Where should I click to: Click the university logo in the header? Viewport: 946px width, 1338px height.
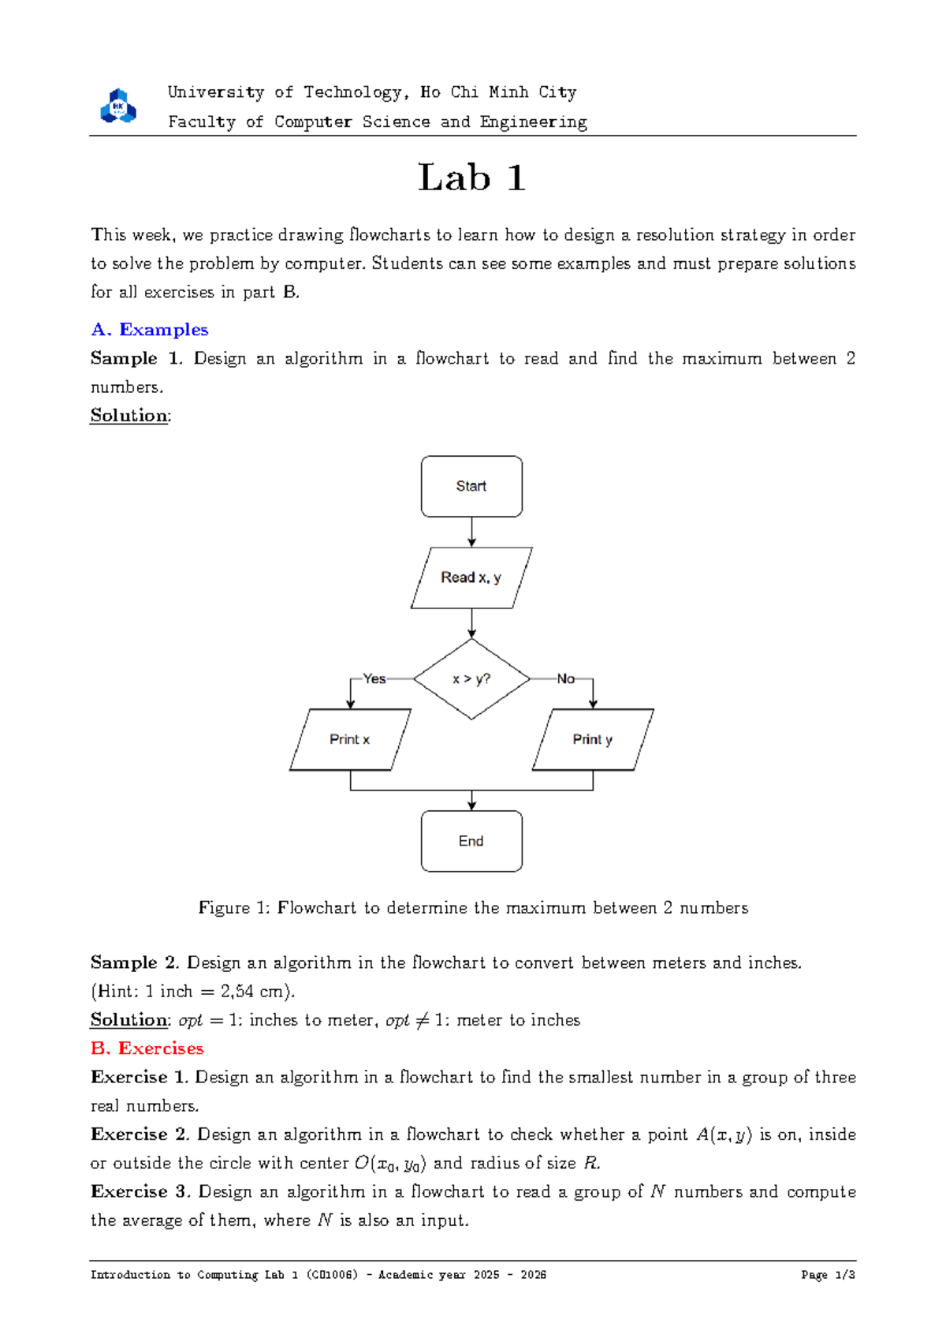(118, 107)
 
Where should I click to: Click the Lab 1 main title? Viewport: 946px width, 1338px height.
(471, 178)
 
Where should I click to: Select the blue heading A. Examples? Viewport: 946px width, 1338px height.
(150, 330)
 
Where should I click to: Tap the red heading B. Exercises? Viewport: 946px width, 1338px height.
(147, 1048)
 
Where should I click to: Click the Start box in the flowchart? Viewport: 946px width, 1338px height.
(471, 486)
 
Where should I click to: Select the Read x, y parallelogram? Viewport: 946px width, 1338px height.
(471, 577)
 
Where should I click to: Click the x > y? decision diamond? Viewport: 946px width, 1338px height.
(471, 678)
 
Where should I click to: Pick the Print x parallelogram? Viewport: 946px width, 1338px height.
(350, 739)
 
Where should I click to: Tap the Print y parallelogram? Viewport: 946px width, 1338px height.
(593, 739)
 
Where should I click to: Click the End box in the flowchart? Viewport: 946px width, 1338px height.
(471, 841)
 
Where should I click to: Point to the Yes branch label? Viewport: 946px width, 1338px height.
(374, 678)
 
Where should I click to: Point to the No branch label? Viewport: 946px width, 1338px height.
(565, 678)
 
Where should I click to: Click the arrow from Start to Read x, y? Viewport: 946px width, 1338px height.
(471, 533)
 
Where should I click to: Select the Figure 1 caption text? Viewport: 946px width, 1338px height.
(473, 908)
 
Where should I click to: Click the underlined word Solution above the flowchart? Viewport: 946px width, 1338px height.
(129, 416)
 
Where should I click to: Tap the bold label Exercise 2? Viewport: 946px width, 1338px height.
(140, 1134)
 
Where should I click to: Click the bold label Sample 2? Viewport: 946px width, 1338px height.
(135, 962)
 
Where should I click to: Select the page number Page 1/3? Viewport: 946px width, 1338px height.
(828, 1275)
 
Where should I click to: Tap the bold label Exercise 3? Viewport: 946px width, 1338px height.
(140, 1191)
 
